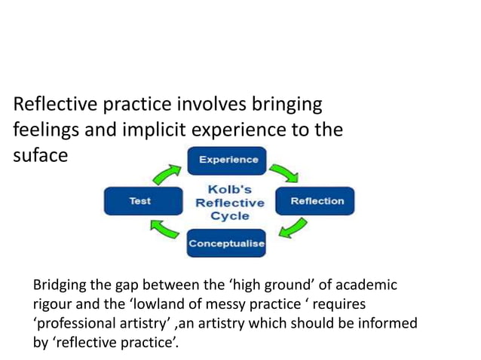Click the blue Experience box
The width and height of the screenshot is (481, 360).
point(227,160)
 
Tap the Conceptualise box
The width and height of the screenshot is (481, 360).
point(226,243)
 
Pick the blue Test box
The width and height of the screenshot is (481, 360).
point(139,201)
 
